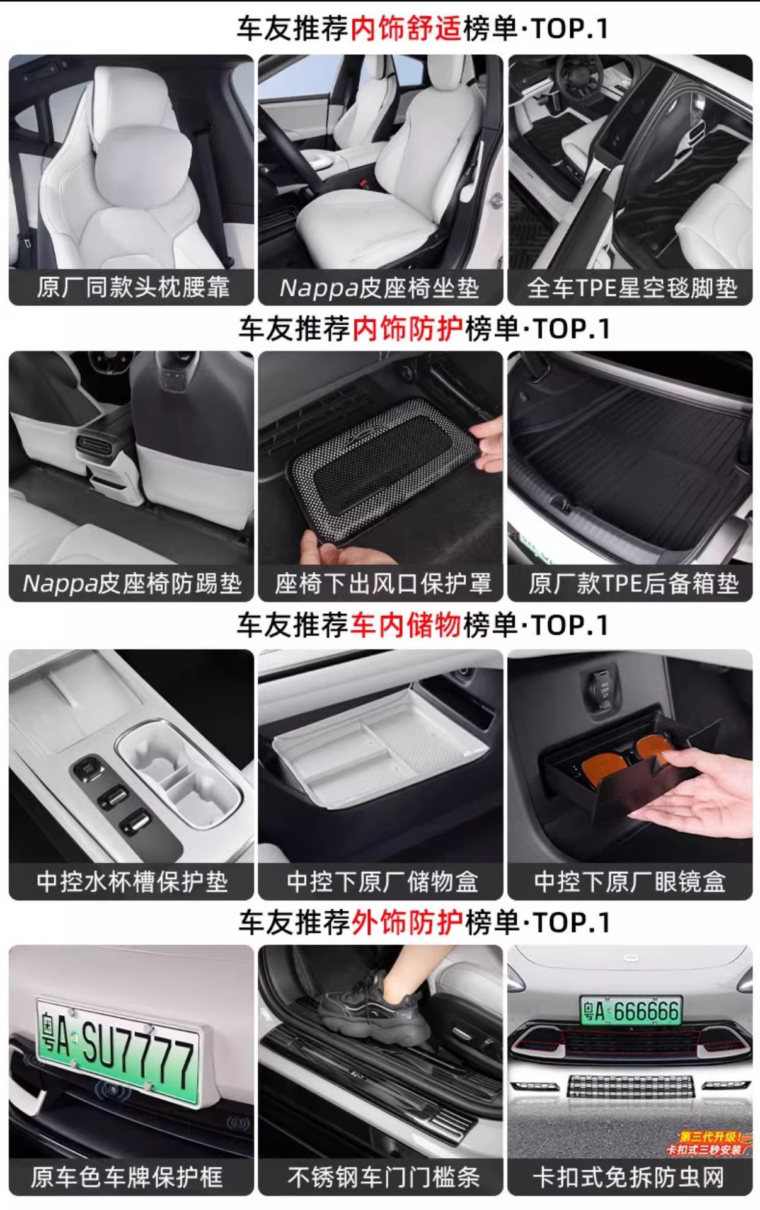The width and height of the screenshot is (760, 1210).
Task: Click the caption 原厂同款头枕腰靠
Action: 133,287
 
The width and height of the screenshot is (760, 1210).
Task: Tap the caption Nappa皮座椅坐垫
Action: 379,288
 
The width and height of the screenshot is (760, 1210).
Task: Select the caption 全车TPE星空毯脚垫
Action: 631,288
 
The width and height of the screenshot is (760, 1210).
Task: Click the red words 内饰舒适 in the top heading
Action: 406,29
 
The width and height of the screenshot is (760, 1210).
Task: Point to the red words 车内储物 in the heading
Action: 406,625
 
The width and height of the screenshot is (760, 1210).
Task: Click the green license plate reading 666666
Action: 631,1011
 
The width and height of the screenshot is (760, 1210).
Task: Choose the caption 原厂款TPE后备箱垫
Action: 633,584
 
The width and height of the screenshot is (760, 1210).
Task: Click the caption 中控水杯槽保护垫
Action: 132,882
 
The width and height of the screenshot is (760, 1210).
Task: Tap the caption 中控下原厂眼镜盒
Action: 630,882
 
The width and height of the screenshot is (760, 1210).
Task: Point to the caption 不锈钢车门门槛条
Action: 383,1177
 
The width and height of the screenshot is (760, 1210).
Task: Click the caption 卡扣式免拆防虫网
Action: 628,1177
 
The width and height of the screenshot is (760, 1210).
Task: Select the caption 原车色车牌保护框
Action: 127,1177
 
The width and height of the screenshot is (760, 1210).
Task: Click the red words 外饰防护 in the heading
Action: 407,923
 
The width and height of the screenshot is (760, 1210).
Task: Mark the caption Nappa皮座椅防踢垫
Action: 132,584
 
